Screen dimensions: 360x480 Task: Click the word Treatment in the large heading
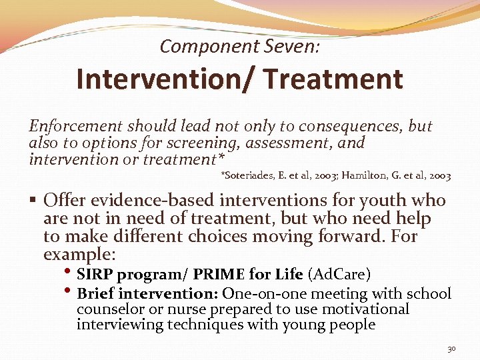tap(333, 79)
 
